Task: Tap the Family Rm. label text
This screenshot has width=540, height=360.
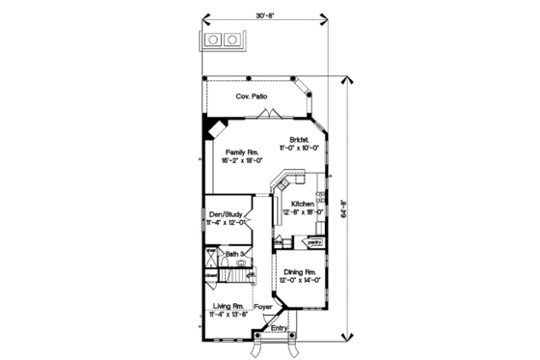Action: tap(241, 152)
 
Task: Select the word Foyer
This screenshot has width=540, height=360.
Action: tap(263, 306)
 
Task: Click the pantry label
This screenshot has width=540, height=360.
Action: tap(314, 242)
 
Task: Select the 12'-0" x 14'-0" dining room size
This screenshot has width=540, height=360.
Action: tap(300, 281)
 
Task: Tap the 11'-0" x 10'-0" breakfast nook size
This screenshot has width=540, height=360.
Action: tap(298, 148)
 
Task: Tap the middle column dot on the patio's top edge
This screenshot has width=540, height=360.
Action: tap(249, 77)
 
